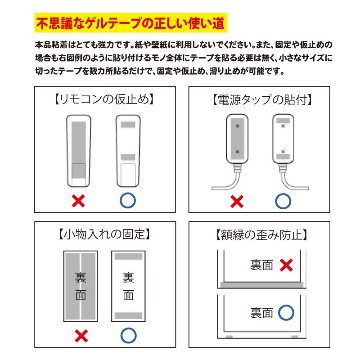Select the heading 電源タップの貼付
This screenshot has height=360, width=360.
click(x=268, y=102)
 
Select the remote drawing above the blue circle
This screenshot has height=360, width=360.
click(x=126, y=151)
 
